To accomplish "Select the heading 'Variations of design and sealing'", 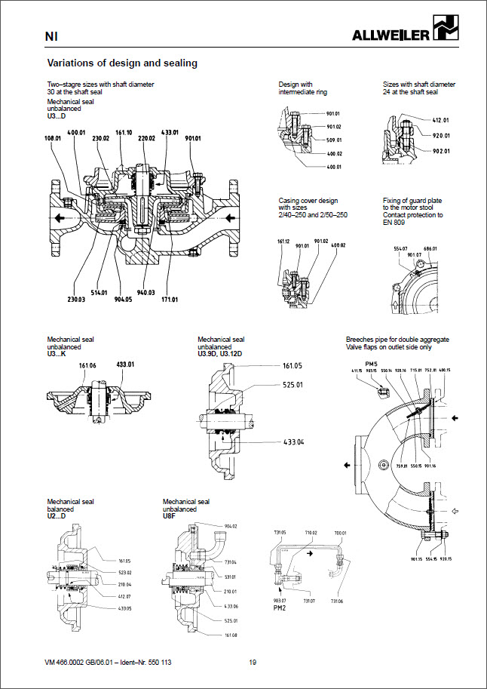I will click(122, 63).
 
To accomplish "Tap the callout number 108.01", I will click(53, 139).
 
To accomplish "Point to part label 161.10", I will click(124, 132).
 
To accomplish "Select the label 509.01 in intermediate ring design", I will click(335, 140).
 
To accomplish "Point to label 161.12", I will click(283, 242).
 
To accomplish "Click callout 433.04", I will click(294, 441).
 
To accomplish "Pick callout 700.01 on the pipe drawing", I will click(340, 533).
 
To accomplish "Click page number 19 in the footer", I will click(253, 662).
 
